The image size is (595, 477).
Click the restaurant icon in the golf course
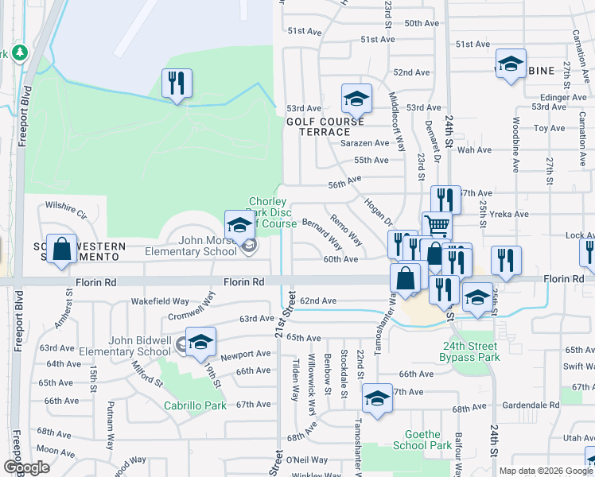coord(177,83)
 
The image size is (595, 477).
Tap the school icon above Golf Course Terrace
coord(357,99)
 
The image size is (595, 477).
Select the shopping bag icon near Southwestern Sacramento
coord(61,249)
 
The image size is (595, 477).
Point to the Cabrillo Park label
coord(195,405)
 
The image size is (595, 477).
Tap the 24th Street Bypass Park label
coord(470,353)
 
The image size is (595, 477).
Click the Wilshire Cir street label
coord(65,204)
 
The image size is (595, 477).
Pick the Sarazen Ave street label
coord(365,143)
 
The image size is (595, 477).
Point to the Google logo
coord(26,467)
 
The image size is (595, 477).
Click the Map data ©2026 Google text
coord(546,471)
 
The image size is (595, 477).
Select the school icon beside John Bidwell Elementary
coord(200,341)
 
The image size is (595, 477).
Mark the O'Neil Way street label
coord(306,460)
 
